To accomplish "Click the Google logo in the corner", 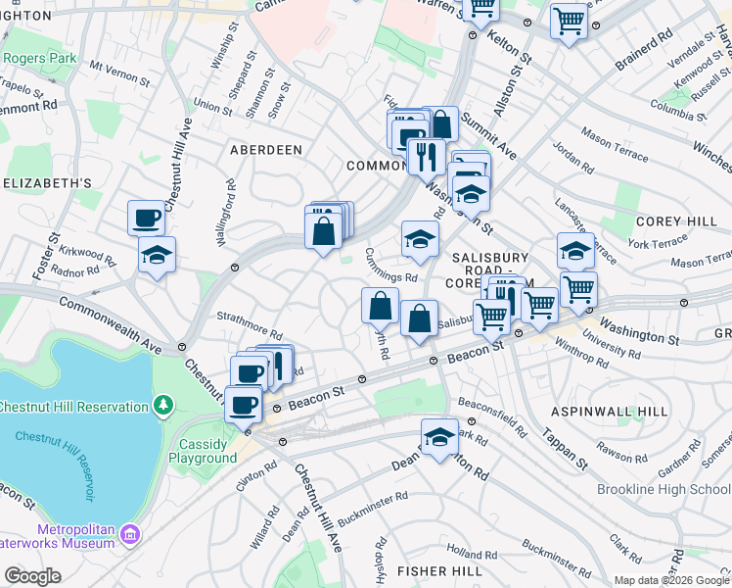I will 32,576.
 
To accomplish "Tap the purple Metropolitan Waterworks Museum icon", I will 130,536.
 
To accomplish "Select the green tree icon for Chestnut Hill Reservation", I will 164,405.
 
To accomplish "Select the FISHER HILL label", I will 435,570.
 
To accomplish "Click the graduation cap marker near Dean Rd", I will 439,437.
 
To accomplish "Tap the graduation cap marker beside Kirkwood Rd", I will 157,255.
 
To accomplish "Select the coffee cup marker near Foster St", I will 146,217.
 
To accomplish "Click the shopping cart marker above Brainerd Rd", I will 569,20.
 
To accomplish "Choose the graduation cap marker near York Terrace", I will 575,250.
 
